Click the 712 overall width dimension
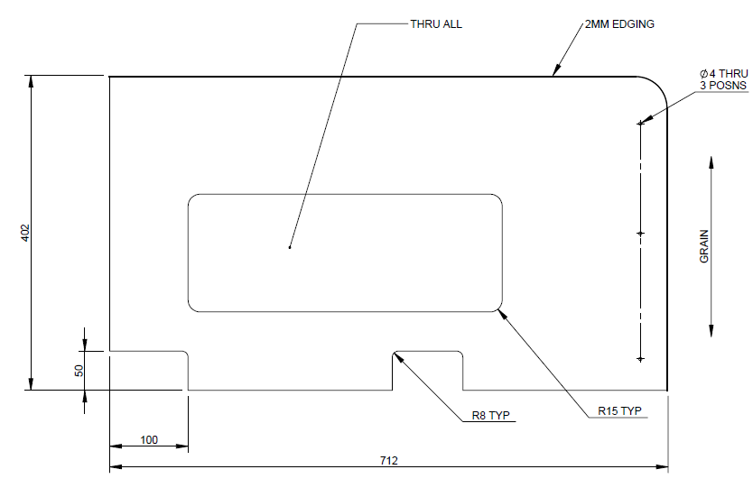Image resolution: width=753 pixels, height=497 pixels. pyautogui.click(x=389, y=460)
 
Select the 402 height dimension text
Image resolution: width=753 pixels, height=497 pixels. pyautogui.click(x=25, y=233)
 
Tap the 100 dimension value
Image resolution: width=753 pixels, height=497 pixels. pyautogui.click(x=149, y=440)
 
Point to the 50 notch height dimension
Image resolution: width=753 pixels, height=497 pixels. pyautogui.click(x=79, y=370)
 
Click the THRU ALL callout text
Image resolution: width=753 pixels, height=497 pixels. pyautogui.click(x=436, y=24)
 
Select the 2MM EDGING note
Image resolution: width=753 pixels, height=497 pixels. pyautogui.click(x=619, y=24)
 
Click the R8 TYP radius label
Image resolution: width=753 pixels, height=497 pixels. pyautogui.click(x=491, y=416)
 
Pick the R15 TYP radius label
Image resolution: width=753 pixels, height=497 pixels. pyautogui.click(x=619, y=411)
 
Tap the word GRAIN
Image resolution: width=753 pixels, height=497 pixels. pyautogui.click(x=704, y=246)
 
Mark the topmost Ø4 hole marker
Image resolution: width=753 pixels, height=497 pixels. pyautogui.click(x=640, y=123)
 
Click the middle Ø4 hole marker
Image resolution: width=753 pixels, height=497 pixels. pyautogui.click(x=640, y=234)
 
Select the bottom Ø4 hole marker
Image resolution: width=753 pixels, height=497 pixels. pyautogui.click(x=640, y=359)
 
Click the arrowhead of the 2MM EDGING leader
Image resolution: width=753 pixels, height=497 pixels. pyautogui.click(x=555, y=71)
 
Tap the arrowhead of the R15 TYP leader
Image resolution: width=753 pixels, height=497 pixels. pyautogui.click(x=501, y=312)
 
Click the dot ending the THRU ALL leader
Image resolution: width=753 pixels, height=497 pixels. pyautogui.click(x=289, y=246)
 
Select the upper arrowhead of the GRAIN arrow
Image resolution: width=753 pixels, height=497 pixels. pyautogui.click(x=711, y=162)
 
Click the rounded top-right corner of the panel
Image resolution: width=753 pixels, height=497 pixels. pyautogui.click(x=658, y=87)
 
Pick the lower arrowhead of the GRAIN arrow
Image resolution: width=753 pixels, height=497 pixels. pyautogui.click(x=711, y=330)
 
